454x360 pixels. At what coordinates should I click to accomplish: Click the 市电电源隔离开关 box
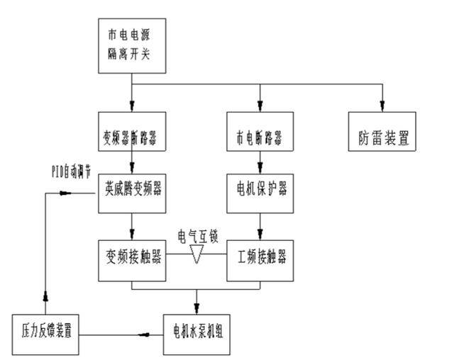coord(132,44)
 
